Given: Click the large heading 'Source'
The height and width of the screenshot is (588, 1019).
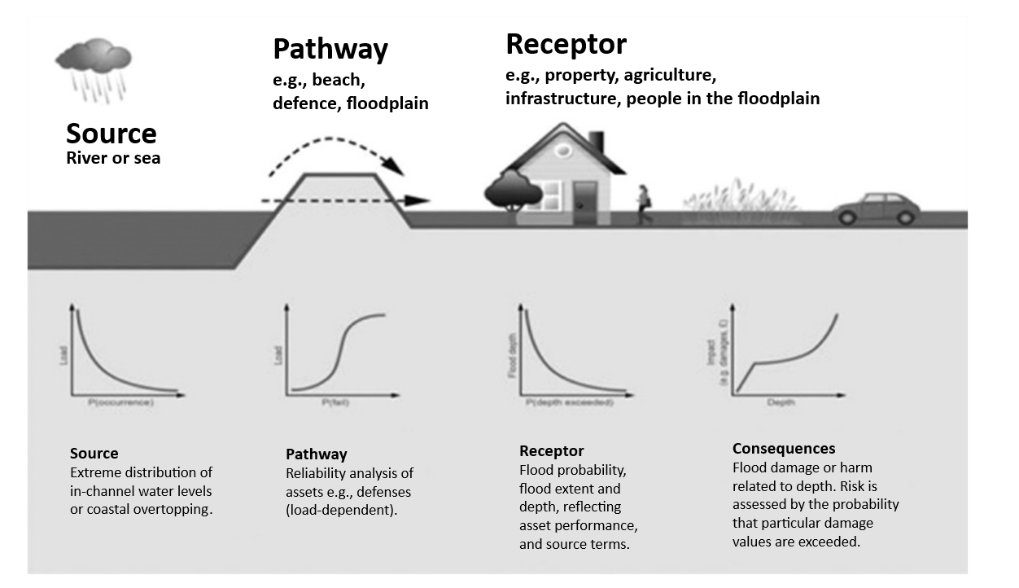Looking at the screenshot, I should [111, 134].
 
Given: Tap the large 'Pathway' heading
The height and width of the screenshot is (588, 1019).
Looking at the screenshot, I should [330, 49].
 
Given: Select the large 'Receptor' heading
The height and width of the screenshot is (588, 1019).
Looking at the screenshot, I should [566, 43].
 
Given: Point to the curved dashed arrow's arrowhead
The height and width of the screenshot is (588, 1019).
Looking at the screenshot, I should [395, 167].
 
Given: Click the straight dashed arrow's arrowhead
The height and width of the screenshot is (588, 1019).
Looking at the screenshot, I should [418, 200].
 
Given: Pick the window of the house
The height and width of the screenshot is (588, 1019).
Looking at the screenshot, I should [549, 193].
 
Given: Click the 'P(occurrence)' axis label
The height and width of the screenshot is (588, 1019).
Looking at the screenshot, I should [120, 403].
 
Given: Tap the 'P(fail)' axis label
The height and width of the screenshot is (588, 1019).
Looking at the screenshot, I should [335, 403].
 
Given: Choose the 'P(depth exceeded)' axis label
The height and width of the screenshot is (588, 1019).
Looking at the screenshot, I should [569, 403].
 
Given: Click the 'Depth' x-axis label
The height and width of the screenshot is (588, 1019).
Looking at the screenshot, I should [781, 403].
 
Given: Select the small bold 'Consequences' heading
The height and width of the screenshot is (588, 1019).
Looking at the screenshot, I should [783, 449].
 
